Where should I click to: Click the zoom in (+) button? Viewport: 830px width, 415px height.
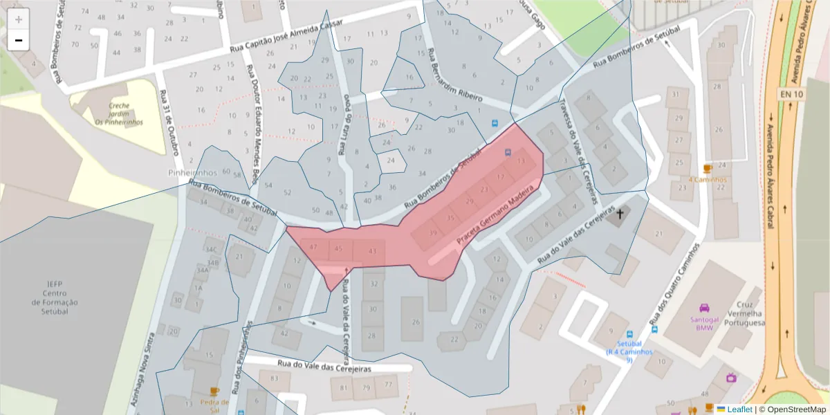click(19, 19)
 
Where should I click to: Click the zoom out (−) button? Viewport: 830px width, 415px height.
click(19, 40)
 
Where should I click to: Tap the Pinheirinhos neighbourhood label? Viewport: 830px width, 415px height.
click(193, 172)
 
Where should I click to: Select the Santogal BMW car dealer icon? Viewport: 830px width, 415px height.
click(704, 308)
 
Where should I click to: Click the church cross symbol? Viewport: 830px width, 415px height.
click(620, 214)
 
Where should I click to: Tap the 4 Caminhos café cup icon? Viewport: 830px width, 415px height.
click(707, 168)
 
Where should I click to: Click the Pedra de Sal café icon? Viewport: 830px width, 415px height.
click(214, 391)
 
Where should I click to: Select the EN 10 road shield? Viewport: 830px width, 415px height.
click(788, 93)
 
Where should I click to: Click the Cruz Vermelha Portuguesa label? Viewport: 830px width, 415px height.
click(744, 313)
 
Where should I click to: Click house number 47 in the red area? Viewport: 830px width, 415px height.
click(313, 247)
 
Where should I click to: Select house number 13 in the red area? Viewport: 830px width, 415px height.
click(521, 162)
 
